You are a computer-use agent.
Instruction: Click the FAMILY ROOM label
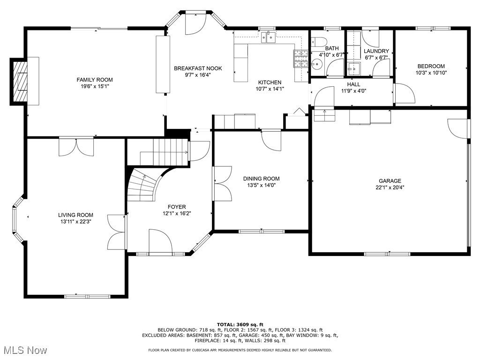(95, 80)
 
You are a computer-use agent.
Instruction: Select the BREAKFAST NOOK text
(198, 68)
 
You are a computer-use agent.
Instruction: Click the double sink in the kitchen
(269, 37)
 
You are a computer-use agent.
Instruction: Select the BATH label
(332, 48)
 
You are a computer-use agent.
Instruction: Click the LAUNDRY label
(376, 51)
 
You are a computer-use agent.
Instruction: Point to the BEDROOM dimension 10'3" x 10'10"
(431, 73)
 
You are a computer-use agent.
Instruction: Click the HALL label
(353, 84)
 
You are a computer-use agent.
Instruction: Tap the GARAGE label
(390, 181)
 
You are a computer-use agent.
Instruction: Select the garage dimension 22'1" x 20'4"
(390, 187)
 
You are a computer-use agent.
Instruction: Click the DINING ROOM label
(261, 179)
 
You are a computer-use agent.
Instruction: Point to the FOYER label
(177, 207)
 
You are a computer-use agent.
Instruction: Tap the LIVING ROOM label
(75, 215)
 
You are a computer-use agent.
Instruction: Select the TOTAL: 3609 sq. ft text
(240, 324)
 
